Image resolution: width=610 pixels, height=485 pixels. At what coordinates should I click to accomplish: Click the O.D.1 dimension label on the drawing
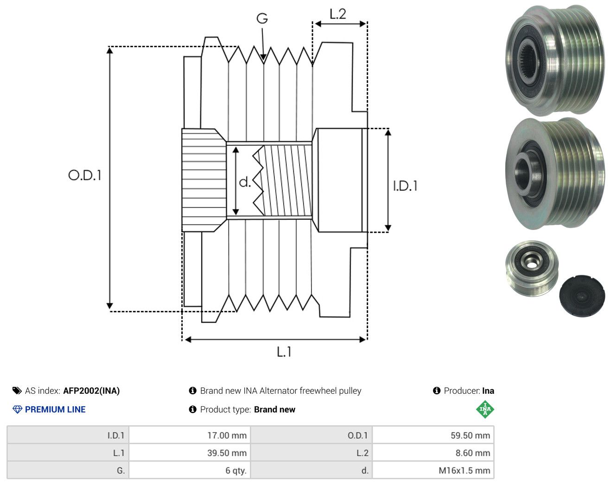click(85, 175)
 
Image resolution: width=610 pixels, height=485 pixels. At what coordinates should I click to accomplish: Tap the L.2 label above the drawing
click(338, 14)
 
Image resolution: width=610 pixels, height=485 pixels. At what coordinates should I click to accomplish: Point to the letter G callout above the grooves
click(262, 19)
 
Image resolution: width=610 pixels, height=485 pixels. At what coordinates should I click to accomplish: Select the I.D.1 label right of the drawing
click(405, 186)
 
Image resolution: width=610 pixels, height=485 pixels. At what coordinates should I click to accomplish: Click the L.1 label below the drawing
click(284, 352)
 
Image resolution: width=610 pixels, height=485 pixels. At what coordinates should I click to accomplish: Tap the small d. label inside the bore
click(245, 182)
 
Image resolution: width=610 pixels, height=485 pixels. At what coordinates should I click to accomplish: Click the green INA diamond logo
click(485, 409)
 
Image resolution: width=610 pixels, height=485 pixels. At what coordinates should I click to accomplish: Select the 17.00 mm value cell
click(190, 435)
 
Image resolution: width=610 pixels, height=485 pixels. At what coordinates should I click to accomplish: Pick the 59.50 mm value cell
click(433, 435)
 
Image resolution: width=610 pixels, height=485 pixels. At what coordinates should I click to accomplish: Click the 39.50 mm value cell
click(190, 453)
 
